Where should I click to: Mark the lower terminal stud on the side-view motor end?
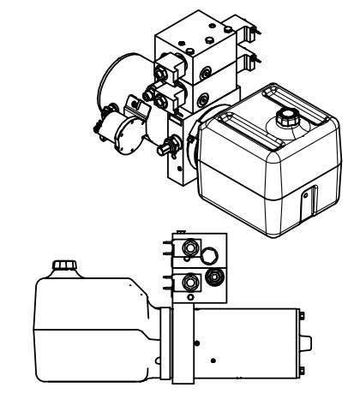click(307, 369)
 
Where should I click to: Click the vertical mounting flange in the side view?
click(178, 343)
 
